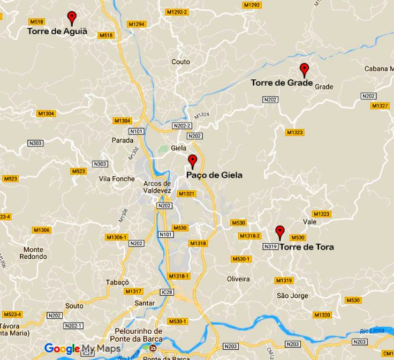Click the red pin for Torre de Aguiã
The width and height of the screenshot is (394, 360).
[x=72, y=18]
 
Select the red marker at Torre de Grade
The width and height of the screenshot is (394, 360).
[x=304, y=70]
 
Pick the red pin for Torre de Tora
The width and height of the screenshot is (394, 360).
[x=279, y=232]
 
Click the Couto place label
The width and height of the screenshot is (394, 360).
[x=180, y=62]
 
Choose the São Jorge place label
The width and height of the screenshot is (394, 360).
[x=292, y=296]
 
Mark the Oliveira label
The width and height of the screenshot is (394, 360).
[x=238, y=279]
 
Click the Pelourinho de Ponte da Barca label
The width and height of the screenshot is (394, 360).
[x=135, y=335]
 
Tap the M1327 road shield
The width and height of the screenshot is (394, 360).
[x=380, y=106]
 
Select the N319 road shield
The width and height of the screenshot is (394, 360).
[x=271, y=246]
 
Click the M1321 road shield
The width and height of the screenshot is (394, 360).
[x=187, y=193]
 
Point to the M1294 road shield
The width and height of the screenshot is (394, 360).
[x=137, y=24]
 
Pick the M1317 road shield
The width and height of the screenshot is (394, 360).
[x=133, y=291]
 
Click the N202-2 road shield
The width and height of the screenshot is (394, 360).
[x=181, y=126]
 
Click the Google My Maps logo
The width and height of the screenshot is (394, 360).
[x=82, y=348]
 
